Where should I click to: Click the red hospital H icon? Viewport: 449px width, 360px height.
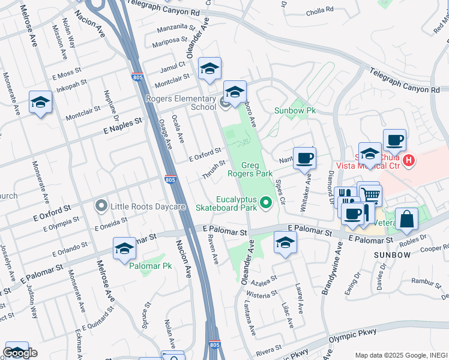[x=409, y=160]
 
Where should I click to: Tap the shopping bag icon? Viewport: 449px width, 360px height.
[x=406, y=220]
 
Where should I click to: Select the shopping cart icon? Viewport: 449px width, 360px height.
[x=371, y=194]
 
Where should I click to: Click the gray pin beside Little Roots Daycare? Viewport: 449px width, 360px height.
[x=101, y=206]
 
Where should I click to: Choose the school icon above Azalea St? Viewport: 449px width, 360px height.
[x=285, y=243]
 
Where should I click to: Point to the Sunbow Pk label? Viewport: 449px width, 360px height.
[x=295, y=111]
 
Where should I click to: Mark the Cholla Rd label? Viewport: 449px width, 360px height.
[x=319, y=11]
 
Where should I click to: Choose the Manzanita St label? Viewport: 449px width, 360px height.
[x=176, y=28]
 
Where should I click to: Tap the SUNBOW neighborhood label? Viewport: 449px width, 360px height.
[x=392, y=255]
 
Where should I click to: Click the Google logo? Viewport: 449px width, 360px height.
[x=20, y=353]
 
